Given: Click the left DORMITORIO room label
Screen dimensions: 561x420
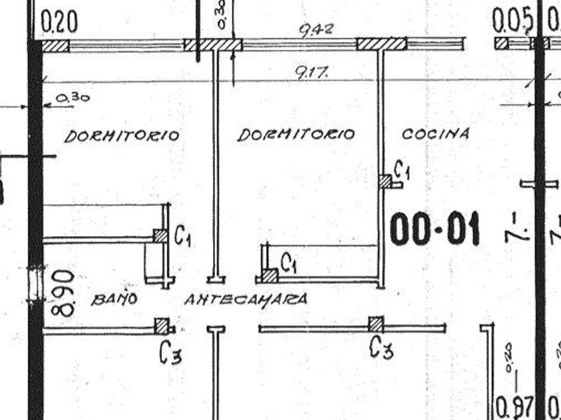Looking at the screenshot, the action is [122, 136].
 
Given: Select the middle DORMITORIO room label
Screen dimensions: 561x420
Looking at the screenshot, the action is [296, 135].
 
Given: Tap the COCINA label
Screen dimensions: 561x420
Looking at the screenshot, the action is [435, 133].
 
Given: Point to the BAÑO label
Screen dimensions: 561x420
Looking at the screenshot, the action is [114, 299].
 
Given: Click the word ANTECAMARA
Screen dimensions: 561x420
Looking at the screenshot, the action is [246, 299].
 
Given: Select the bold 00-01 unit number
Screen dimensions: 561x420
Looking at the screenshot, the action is [435, 230].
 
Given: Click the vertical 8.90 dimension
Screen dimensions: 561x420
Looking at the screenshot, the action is [63, 293].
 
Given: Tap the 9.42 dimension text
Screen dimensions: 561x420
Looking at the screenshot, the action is [317, 30].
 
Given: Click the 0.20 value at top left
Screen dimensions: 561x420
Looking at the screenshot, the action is [59, 23].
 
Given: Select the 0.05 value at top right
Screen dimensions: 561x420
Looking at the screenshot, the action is [512, 23].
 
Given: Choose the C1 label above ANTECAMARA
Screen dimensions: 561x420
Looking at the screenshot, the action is [289, 263].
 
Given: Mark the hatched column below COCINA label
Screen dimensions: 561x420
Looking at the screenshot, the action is [385, 181].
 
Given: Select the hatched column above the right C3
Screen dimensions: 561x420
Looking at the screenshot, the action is [376, 325].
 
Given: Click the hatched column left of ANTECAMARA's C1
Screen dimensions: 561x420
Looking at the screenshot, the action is [269, 275].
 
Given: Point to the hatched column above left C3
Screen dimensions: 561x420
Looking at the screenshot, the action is [162, 325].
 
